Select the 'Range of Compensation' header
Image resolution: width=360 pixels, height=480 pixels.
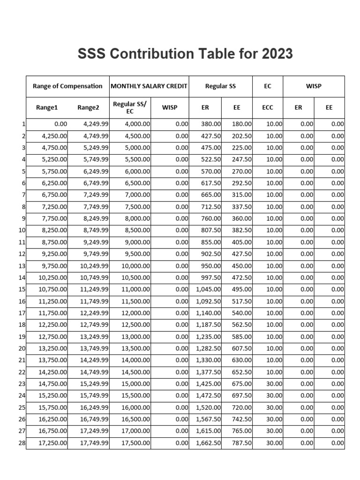click(67, 86)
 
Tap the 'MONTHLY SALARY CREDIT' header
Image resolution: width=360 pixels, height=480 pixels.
click(149, 86)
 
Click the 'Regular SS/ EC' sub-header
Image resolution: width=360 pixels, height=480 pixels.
click(130, 107)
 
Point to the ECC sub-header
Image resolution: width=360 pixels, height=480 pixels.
click(268, 107)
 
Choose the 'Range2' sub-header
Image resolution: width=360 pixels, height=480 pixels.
click(88, 107)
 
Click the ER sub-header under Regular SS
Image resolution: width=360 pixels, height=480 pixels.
click(205, 107)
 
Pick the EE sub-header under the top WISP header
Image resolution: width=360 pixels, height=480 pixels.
click(329, 107)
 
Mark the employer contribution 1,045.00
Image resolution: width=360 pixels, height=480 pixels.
click(209, 289)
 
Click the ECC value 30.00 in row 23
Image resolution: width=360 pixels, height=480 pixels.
click(275, 384)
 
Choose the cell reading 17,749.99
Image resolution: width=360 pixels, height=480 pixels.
click(94, 442)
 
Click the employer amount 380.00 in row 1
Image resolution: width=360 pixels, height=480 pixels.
click(211, 124)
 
